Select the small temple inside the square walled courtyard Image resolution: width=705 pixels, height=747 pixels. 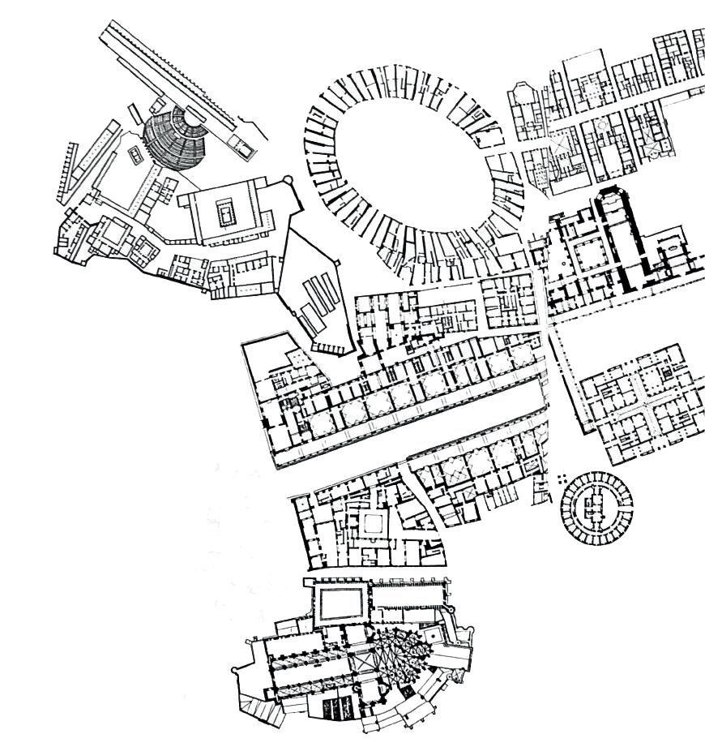pos(224,213)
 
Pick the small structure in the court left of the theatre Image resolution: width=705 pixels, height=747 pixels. pos(130,153)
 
